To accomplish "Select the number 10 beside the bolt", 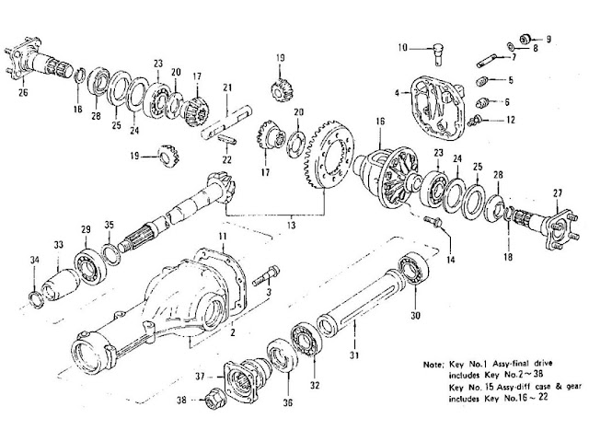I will (403, 47).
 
